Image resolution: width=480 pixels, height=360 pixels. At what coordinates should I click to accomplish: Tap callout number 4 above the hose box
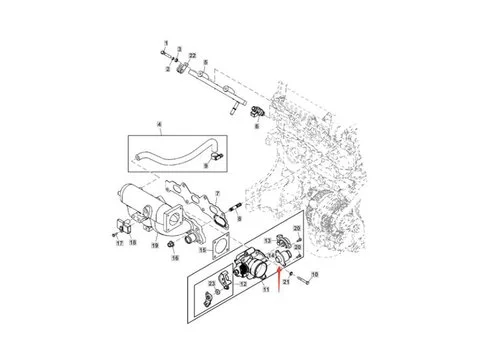pos(158,125)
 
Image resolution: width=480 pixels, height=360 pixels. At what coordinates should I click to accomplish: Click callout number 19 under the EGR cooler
pos(155,244)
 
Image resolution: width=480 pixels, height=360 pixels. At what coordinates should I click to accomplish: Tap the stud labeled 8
pos(237,209)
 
